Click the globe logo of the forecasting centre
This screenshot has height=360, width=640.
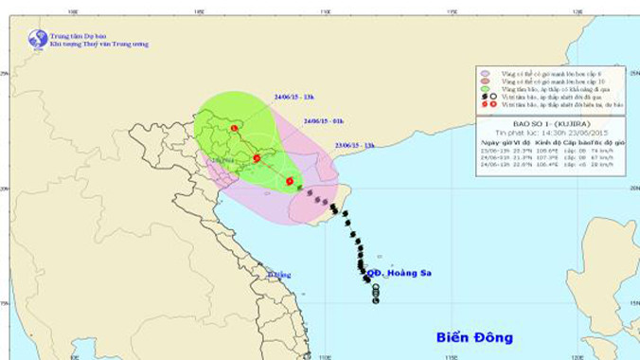coord(38,39)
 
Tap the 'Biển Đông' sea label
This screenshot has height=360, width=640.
coord(474,336)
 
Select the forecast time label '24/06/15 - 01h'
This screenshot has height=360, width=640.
coord(324,121)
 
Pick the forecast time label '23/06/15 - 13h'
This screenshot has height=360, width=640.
coord(355,145)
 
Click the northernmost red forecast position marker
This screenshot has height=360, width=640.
coord(234,127)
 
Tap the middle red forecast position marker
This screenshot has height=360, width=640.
coord(257,158)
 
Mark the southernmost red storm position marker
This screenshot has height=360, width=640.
coord(290,180)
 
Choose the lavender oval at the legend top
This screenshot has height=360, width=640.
coord(484,71)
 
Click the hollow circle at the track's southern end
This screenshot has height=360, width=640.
coord(376,300)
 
